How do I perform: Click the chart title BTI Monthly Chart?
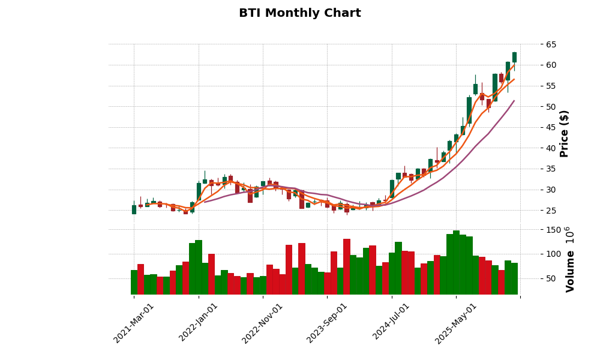299,13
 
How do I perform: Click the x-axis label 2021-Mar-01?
134,323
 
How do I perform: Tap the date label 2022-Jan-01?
199,323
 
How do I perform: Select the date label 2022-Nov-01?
263,323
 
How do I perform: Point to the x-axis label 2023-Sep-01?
328,323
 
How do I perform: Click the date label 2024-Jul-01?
392,323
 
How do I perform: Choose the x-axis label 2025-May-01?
457,323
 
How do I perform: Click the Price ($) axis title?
564,133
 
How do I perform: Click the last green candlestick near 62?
514,57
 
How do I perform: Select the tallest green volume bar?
456,262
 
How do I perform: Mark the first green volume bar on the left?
134,282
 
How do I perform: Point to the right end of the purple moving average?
514,101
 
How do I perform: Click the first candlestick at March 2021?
134,209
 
